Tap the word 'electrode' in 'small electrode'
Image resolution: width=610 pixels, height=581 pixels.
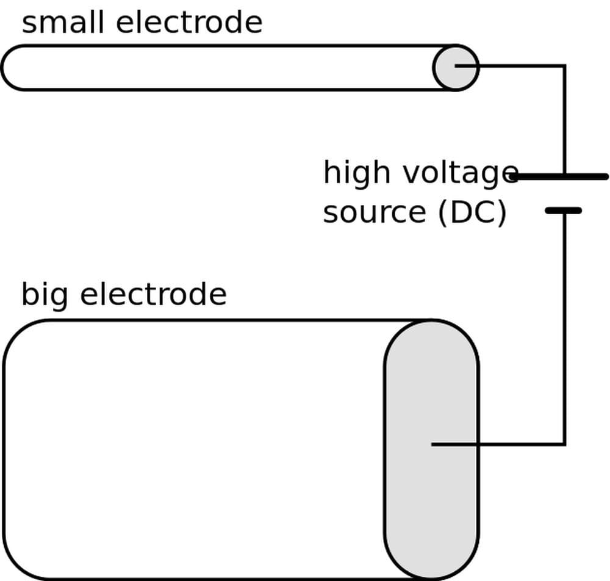tap(188, 23)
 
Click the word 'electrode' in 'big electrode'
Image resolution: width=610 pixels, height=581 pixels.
tap(153, 294)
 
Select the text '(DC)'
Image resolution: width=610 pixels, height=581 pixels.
tap(472, 212)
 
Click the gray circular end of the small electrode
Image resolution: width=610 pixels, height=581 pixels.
tap(456, 67)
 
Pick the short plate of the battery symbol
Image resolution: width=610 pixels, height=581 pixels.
tap(563, 211)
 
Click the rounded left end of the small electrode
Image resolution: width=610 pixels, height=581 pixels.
tap(12, 67)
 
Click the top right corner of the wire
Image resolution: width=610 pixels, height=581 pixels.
tap(564, 65)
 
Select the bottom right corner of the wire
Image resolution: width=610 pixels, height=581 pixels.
tap(564, 444)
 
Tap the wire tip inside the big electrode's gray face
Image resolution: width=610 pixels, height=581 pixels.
tap(433, 444)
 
